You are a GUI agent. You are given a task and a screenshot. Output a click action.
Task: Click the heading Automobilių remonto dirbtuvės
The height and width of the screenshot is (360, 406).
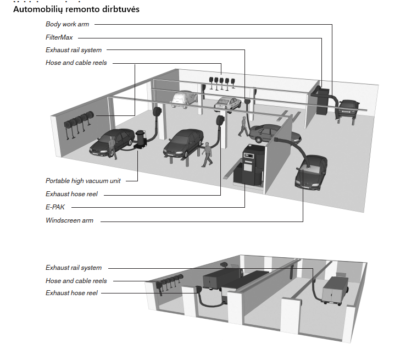[x=76, y=9]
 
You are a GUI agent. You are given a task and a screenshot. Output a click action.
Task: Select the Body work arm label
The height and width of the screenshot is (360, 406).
[x=68, y=24]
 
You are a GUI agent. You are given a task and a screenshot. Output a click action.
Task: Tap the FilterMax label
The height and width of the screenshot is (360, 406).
[x=59, y=37]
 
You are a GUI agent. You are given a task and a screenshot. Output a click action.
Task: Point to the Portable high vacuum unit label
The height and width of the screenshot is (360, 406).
[x=83, y=181]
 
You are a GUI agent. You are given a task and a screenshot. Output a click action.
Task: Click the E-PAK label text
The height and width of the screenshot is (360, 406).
[x=55, y=207]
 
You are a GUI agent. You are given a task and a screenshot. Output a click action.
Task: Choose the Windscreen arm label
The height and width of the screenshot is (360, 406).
[x=69, y=220]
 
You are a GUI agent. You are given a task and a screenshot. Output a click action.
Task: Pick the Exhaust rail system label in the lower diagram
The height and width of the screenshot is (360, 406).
[x=74, y=268]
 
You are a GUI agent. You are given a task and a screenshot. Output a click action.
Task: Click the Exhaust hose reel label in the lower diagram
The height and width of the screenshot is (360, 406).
[x=71, y=293]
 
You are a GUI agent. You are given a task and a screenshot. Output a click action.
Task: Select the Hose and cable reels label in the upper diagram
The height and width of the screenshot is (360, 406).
[x=76, y=63]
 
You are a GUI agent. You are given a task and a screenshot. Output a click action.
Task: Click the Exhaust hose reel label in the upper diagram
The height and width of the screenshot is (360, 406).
[x=71, y=194]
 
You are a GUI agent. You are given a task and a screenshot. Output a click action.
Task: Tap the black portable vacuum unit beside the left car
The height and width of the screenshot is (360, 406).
[x=141, y=139]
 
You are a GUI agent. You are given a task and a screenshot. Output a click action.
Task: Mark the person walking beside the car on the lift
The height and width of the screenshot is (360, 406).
[x=207, y=154]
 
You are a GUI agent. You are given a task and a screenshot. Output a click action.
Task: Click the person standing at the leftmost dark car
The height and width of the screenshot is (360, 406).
[x=113, y=148]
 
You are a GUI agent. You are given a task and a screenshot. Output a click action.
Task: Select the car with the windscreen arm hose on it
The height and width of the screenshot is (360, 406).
[x=311, y=171]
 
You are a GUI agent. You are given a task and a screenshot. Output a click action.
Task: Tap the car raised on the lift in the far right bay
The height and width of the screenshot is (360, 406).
[x=348, y=108]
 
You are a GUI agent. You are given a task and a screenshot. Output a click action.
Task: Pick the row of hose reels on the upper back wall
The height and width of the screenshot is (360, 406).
[x=222, y=83]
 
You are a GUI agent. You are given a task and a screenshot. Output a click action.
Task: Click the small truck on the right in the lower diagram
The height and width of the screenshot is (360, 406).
[x=335, y=290]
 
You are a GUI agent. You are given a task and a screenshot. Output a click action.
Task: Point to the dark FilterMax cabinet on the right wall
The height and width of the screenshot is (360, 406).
[x=322, y=101]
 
